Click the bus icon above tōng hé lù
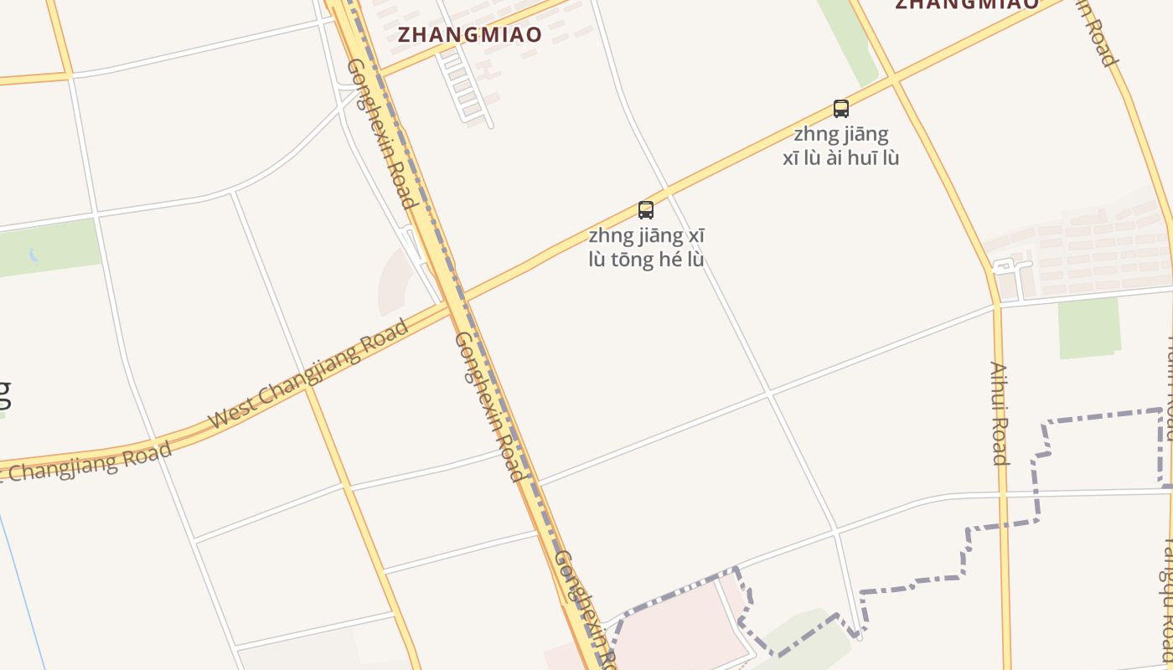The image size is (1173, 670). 645,209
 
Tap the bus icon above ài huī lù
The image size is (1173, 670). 840,108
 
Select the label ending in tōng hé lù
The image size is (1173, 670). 646,248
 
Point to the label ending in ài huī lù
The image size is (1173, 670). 840,146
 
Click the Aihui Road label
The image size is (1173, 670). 998,412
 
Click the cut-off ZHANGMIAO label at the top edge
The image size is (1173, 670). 967,4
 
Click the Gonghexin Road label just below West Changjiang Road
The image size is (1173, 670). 489,406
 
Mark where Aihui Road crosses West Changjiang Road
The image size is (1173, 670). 893,80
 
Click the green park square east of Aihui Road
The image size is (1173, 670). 1089,327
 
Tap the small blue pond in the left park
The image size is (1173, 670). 34,255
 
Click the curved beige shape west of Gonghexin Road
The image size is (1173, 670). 391,281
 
